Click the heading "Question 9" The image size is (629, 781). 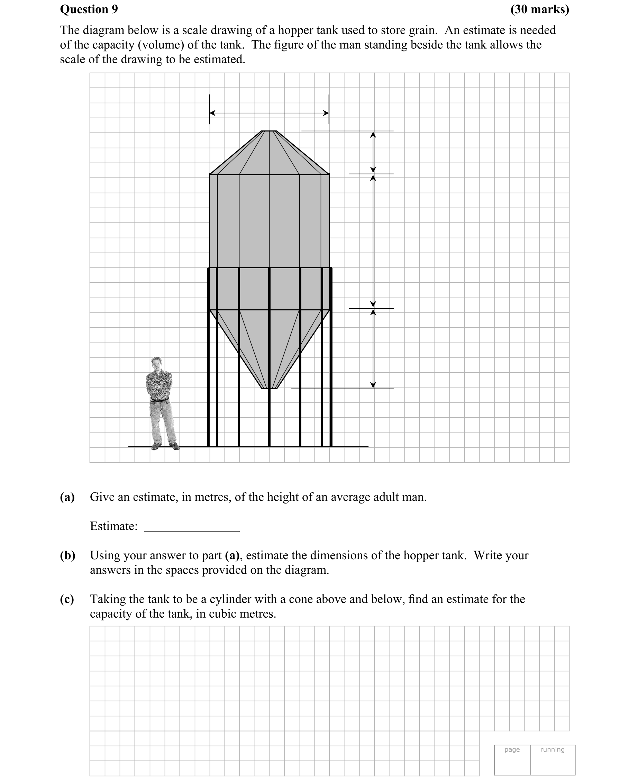(89, 9)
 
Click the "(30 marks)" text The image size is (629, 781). (539, 9)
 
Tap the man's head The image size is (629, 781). (156, 363)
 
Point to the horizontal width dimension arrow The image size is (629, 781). (269, 113)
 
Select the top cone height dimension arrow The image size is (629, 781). (373, 152)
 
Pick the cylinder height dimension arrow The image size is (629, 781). (373, 241)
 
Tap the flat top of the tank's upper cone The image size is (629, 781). (269, 131)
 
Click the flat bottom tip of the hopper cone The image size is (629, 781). (269, 388)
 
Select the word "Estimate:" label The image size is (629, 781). (113, 526)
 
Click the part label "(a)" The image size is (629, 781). (67, 497)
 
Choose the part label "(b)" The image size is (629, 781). (67, 555)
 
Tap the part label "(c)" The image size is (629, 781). (67, 599)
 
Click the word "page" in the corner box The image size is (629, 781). (512, 750)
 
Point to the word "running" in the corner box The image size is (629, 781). (552, 750)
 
